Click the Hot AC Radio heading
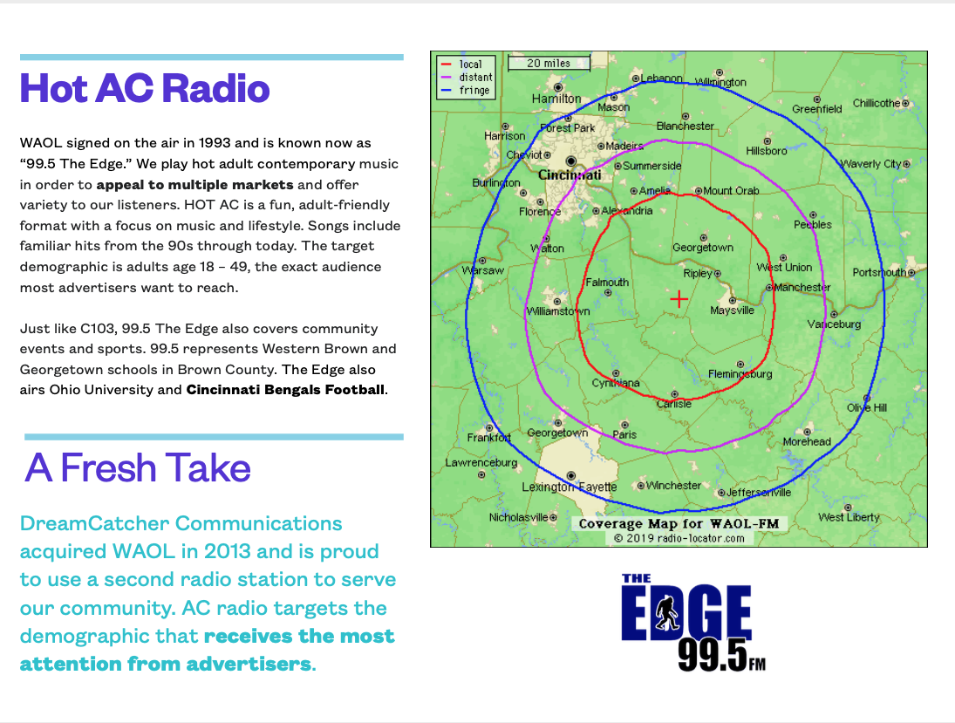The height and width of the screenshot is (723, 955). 145,89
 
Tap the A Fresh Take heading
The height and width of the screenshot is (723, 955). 138,467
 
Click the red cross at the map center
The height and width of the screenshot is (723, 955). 679,299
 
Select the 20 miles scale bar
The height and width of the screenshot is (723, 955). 549,64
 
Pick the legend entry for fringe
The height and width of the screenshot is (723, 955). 466,90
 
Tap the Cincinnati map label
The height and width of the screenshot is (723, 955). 570,174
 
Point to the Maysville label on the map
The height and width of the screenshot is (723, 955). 732,310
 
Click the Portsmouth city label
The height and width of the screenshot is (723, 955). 880,272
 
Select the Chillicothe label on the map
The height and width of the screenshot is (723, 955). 877,103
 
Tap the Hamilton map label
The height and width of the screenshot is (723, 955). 556,99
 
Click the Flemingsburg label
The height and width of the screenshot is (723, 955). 740,374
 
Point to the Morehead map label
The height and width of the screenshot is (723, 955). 807,441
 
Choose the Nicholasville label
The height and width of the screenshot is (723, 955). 518,517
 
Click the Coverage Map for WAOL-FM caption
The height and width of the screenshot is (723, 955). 679,524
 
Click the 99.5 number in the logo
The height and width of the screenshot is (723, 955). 712,656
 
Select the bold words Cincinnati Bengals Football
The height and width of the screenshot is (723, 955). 286,390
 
